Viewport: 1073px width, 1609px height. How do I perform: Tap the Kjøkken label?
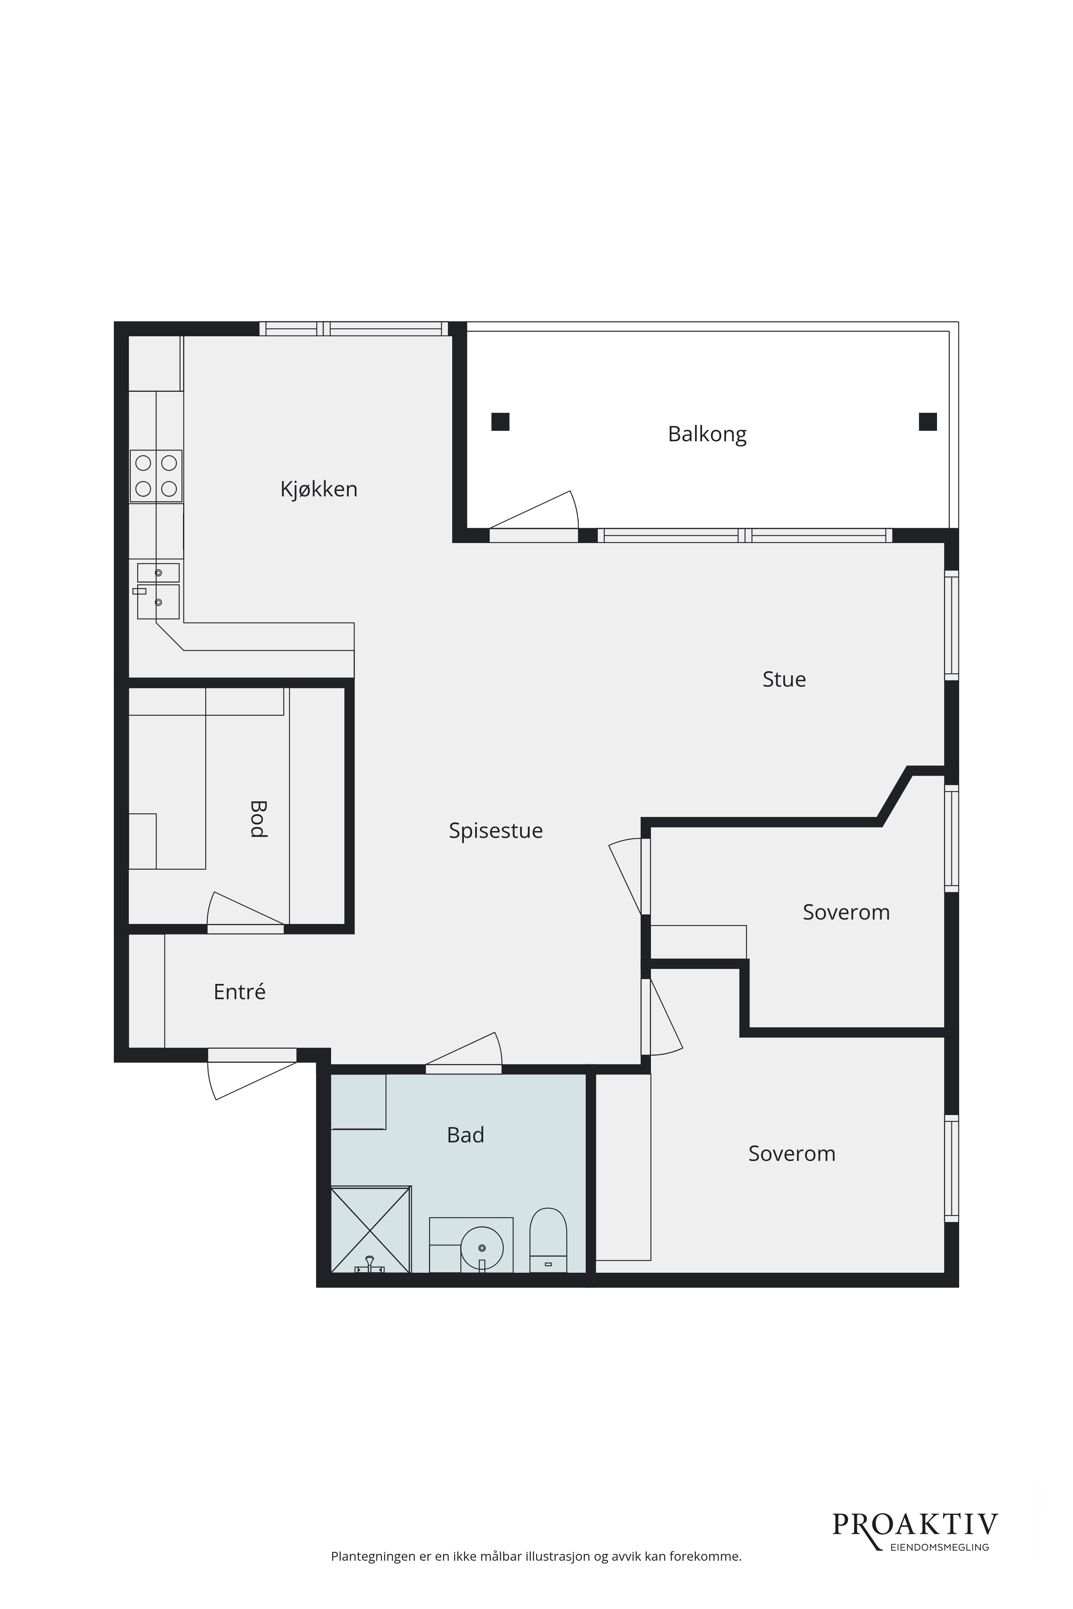pyautogui.click(x=319, y=489)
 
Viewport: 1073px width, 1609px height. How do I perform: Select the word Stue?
pyautogui.click(x=784, y=679)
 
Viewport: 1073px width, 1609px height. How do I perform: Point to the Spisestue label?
pyautogui.click(x=495, y=831)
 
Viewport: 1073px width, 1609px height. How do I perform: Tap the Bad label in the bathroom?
pyautogui.click(x=465, y=1135)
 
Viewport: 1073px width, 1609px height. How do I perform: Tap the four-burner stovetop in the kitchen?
pyautogui.click(x=156, y=476)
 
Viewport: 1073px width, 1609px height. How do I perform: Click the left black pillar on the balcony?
pyautogui.click(x=500, y=422)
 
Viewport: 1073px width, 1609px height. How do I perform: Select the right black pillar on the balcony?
pyautogui.click(x=927, y=422)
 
